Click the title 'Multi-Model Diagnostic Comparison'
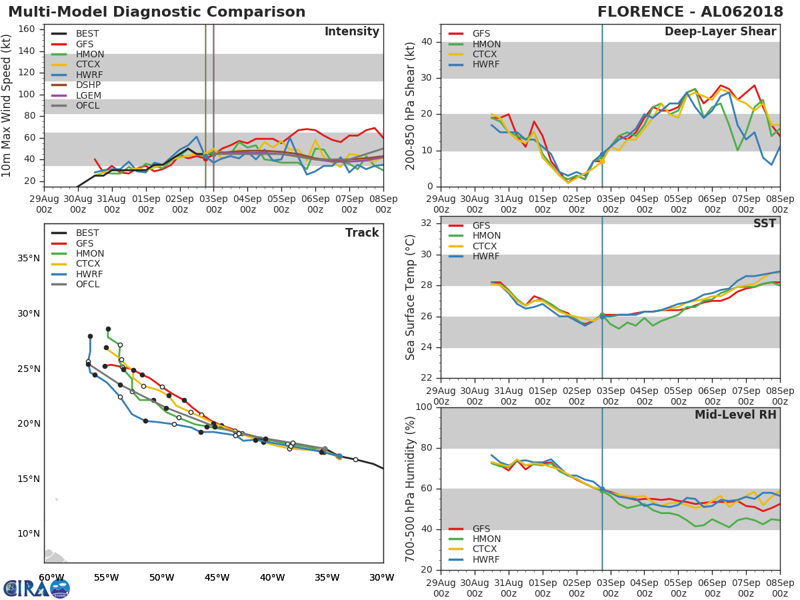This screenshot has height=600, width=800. (x=157, y=12)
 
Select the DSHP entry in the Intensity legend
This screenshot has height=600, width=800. (x=88, y=85)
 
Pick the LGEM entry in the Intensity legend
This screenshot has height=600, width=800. (x=88, y=95)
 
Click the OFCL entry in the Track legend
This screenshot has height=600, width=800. (x=87, y=285)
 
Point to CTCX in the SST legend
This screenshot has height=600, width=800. (x=486, y=246)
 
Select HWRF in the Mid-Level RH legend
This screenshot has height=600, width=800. (x=485, y=559)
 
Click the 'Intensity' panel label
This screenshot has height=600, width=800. (x=351, y=32)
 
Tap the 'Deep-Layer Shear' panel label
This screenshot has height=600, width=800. (x=720, y=32)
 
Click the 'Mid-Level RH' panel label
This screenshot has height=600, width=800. (x=735, y=415)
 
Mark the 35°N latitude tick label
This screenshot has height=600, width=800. (x=28, y=259)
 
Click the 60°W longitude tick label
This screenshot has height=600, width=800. (x=51, y=577)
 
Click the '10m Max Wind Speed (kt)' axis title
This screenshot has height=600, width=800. (x=7, y=105)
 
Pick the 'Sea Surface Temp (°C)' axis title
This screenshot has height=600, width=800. (x=410, y=297)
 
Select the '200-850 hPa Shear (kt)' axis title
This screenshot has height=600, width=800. (x=410, y=105)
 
